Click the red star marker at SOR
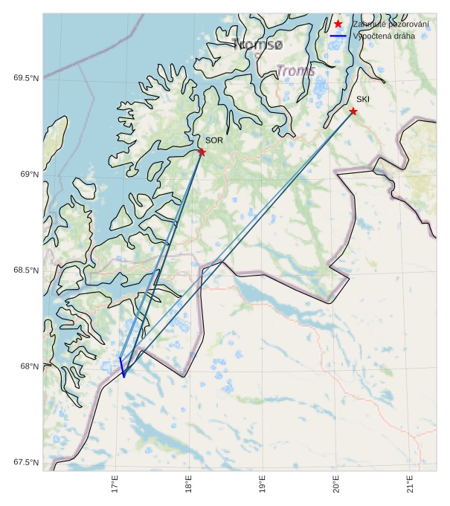202,152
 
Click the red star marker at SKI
353,111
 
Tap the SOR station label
214,140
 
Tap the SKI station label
363,99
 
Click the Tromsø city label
257,45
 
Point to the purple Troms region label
296,71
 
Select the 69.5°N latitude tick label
26,78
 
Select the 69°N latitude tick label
29,174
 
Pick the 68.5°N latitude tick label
26,270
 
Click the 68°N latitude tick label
29,366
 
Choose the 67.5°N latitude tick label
26,462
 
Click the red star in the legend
338,24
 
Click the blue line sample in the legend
338,35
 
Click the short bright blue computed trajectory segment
122,367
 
